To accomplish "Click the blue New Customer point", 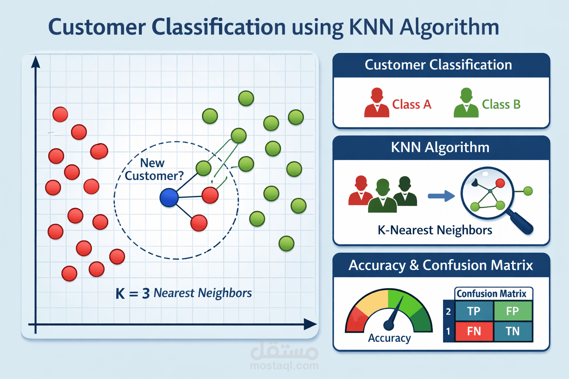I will click(169, 198).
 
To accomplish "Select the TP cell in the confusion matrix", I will click(474, 311).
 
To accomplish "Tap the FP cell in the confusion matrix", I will click(513, 311).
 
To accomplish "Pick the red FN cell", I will click(474, 331).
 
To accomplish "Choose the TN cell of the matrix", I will click(513, 331).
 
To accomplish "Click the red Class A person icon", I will click(377, 103).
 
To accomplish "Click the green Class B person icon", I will click(466, 103).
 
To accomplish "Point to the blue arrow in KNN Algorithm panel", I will click(441, 196).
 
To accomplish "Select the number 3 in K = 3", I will click(146, 294).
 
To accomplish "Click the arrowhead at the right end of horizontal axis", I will click(310, 325).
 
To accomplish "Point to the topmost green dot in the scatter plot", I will click(246, 98).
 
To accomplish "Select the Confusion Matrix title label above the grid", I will click(491, 294).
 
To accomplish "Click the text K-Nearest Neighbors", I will click(435, 230).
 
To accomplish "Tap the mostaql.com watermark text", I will click(284, 366).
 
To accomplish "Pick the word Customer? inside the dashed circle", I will click(154, 176).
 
